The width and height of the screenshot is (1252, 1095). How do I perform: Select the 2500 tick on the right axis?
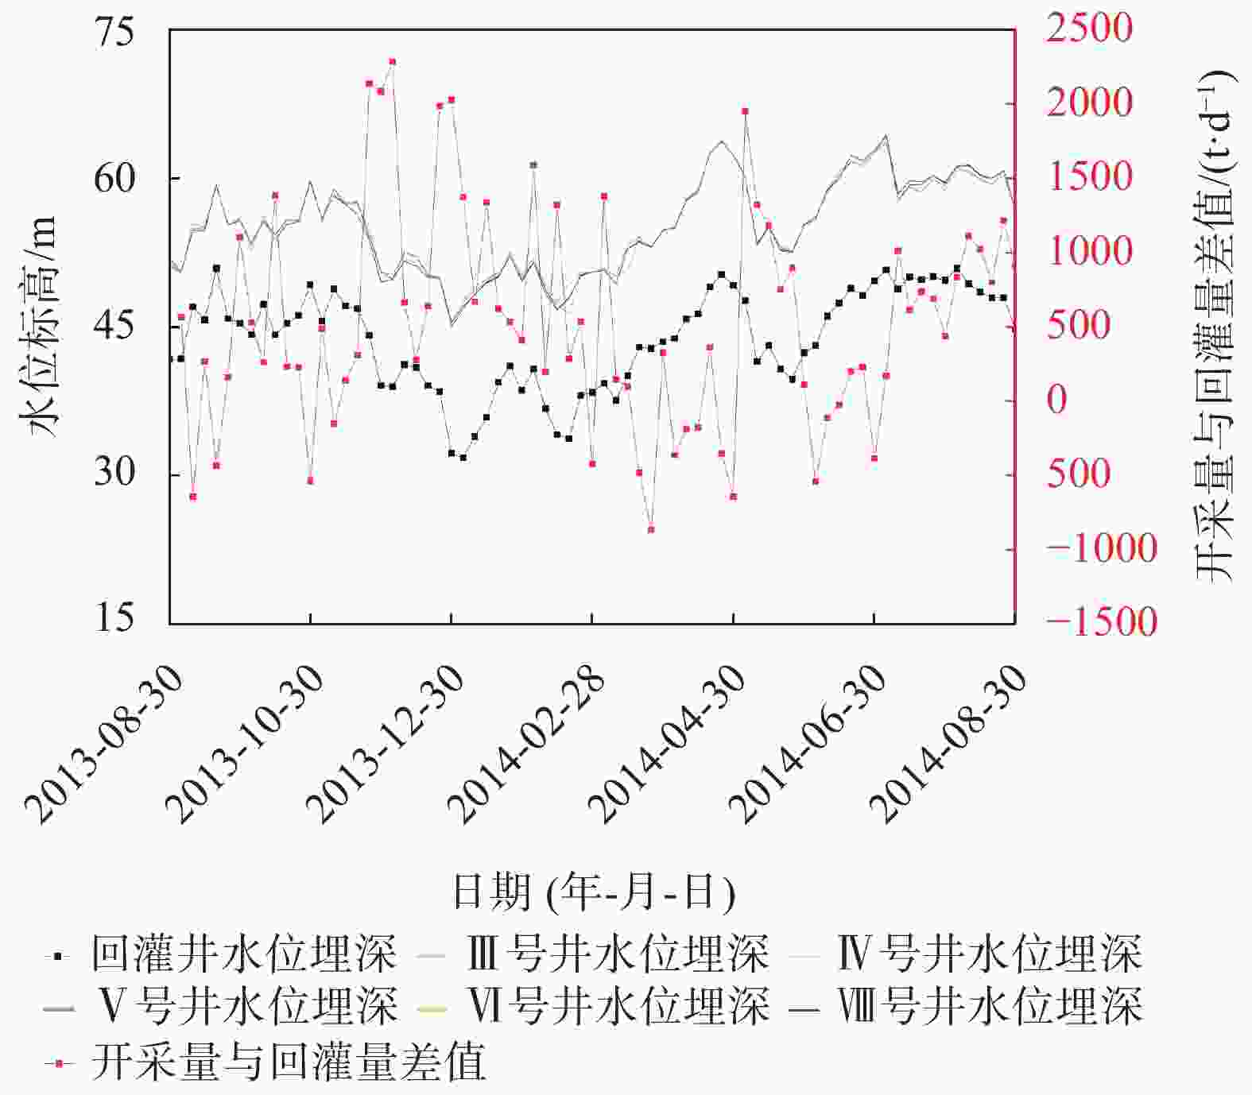tap(1089, 29)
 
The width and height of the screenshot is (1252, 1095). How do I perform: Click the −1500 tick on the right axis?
tap(1102, 622)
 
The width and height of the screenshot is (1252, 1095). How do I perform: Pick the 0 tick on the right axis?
tap(1057, 400)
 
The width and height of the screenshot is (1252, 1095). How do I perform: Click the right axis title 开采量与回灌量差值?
tap(1215, 326)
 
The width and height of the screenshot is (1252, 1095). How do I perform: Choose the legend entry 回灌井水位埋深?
tap(242, 954)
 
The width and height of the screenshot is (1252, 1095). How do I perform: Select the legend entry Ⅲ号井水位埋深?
tap(617, 954)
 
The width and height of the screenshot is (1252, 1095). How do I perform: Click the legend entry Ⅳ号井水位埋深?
tap(990, 954)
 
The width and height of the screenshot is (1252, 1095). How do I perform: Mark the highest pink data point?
tap(393, 61)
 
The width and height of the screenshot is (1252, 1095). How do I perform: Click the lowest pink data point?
tap(651, 529)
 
